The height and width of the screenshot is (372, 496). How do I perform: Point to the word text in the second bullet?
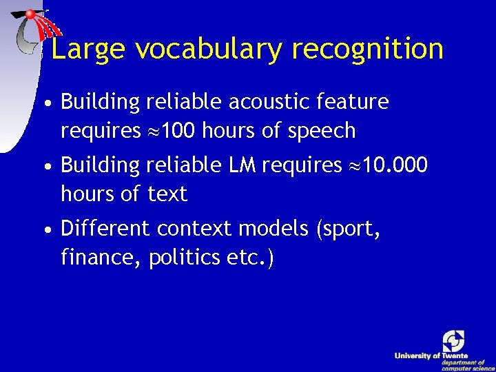click(167, 194)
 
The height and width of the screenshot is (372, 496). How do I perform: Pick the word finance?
click(101, 258)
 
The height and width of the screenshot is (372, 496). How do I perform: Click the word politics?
click(185, 258)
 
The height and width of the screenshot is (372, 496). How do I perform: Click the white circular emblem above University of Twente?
click(453, 340)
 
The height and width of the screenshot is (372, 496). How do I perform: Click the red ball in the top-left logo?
click(31, 14)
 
